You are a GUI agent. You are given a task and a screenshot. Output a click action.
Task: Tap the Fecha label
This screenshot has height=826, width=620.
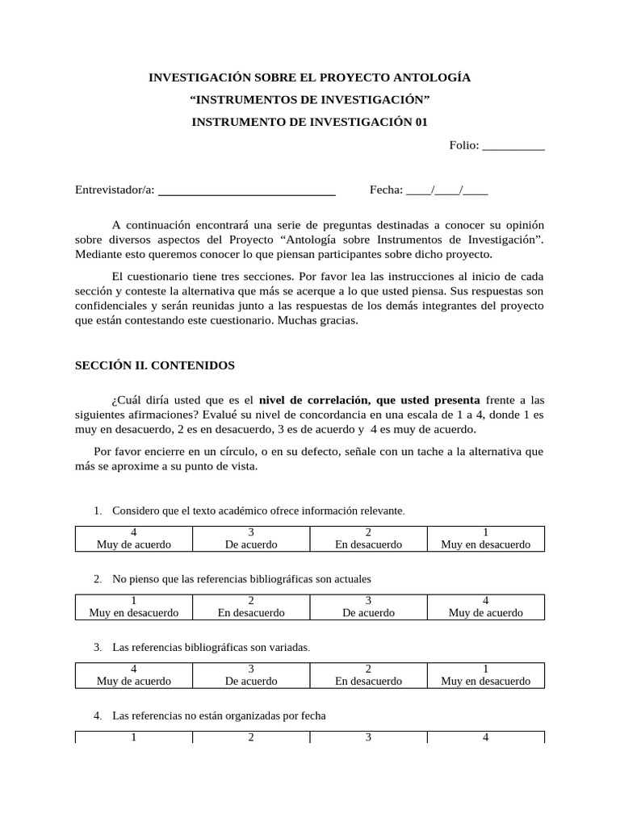point(385,190)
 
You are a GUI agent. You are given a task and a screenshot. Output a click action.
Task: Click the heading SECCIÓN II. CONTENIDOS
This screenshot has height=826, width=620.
point(155,365)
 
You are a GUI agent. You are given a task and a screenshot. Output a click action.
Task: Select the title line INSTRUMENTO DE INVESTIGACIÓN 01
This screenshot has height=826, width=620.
point(309,122)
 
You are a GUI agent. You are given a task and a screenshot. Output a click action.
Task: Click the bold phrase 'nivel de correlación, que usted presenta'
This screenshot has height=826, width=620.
point(369,400)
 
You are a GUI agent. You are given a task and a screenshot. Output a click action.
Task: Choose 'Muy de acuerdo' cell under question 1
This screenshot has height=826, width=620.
point(134,538)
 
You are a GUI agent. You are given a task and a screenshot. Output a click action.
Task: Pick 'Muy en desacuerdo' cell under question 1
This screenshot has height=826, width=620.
point(485,538)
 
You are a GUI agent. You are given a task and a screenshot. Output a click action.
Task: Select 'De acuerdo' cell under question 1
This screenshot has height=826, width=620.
point(251,538)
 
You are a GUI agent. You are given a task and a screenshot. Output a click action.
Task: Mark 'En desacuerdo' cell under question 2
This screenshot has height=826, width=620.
point(251,607)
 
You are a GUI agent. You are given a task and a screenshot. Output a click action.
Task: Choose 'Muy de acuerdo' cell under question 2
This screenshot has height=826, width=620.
point(485,607)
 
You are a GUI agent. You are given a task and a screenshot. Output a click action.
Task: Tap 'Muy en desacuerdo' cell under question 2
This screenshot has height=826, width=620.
point(134,607)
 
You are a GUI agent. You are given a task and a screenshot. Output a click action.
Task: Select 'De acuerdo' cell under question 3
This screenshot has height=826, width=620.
point(251,675)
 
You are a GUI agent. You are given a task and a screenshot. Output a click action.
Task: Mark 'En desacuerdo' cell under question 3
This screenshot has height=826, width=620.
point(368,675)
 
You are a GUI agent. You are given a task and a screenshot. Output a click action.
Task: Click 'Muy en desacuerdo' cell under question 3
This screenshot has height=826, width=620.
point(485,675)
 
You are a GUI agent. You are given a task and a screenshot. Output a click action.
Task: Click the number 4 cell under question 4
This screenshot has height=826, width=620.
point(485,737)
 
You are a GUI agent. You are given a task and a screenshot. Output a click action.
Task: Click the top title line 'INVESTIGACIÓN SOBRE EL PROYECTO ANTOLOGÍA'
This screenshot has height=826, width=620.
point(309,77)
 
